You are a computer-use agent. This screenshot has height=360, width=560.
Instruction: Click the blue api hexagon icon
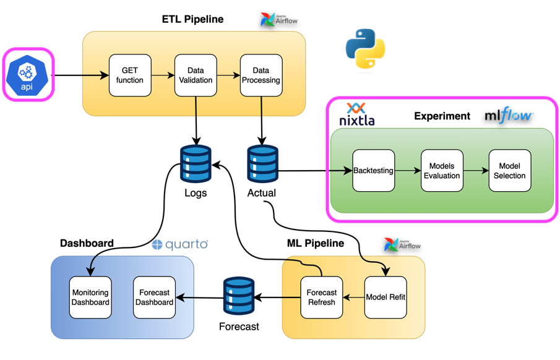pos(27,75)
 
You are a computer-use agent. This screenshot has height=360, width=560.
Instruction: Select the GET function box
pos(130,75)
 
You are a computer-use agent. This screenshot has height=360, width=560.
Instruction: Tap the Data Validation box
pos(196,75)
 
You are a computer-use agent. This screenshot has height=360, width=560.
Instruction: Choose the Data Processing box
pos(261,75)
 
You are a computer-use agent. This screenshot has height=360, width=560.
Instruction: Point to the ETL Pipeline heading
pos(192,19)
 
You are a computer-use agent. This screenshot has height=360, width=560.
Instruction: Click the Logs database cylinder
pos(196,164)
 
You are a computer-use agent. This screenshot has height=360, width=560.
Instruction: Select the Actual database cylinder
pos(262,164)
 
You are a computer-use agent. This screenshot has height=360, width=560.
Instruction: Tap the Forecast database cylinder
pos(239,296)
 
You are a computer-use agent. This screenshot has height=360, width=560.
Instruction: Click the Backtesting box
pos(373,171)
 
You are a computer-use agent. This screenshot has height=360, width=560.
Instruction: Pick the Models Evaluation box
pos(442,171)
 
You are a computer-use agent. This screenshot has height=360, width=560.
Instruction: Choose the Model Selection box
pos(510,171)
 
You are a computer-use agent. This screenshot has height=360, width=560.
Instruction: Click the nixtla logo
pos(357,115)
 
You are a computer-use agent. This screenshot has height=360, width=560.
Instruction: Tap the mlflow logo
pos(509,115)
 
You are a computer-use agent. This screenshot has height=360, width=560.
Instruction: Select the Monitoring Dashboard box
pos(90,298)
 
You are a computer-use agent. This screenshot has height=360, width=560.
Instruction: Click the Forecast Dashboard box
pos(154,298)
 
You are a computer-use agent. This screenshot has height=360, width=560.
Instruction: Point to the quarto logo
pos(180,244)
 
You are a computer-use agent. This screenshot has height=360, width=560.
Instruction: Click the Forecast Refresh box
pos(322,298)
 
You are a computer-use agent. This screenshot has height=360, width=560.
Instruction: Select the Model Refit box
pos(386,298)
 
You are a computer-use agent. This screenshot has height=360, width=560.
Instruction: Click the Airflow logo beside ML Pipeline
pos(402,245)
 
